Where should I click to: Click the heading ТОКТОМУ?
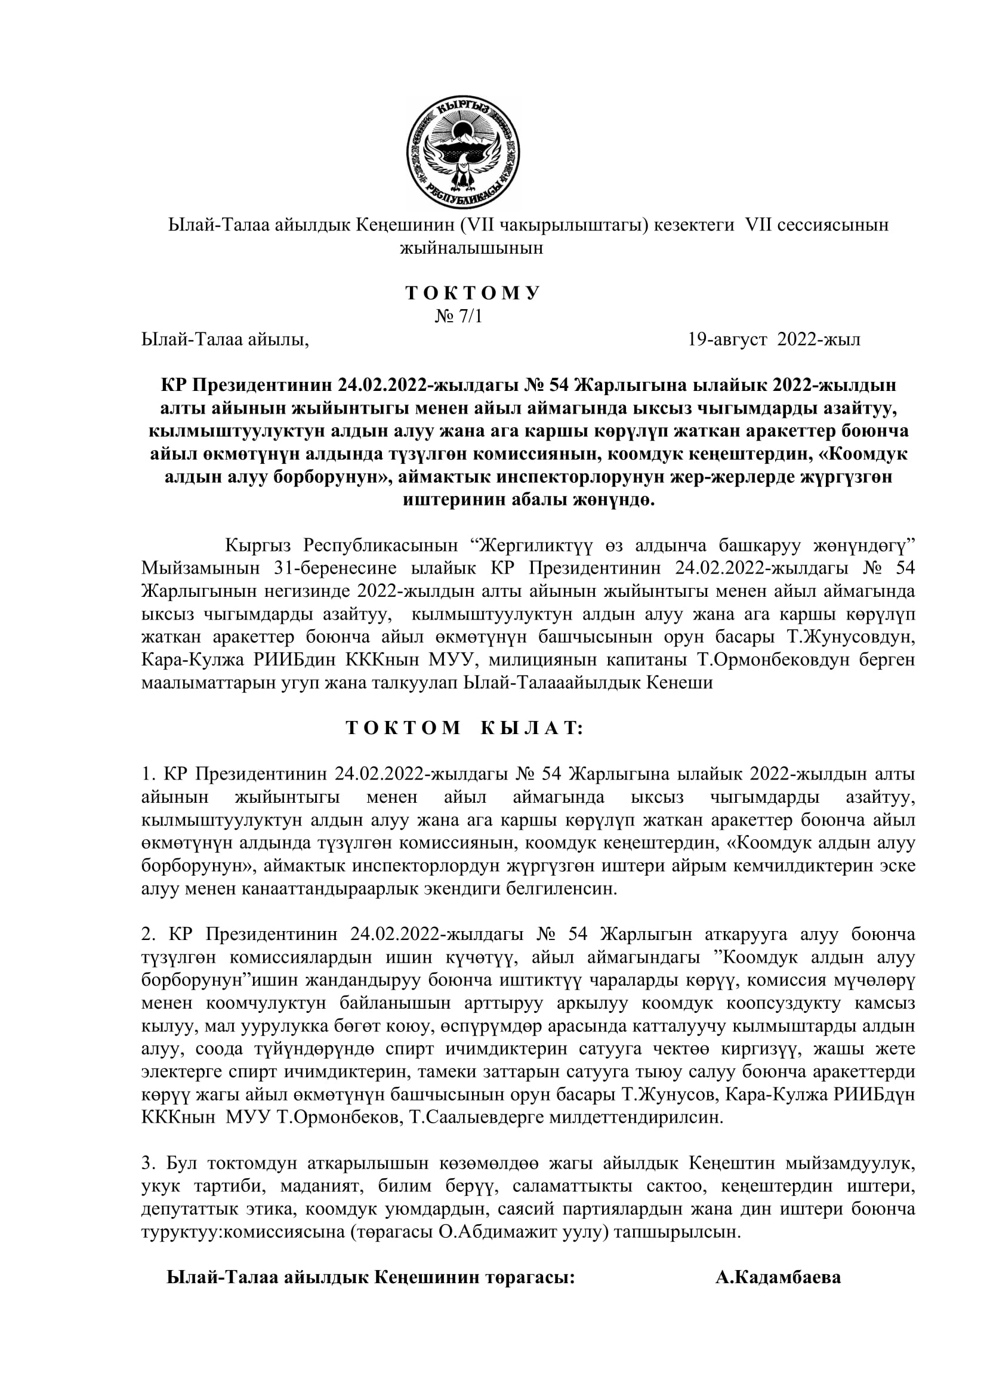click(473, 293)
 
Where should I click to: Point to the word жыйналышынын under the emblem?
click(471, 248)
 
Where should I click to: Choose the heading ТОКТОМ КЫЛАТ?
click(464, 728)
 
